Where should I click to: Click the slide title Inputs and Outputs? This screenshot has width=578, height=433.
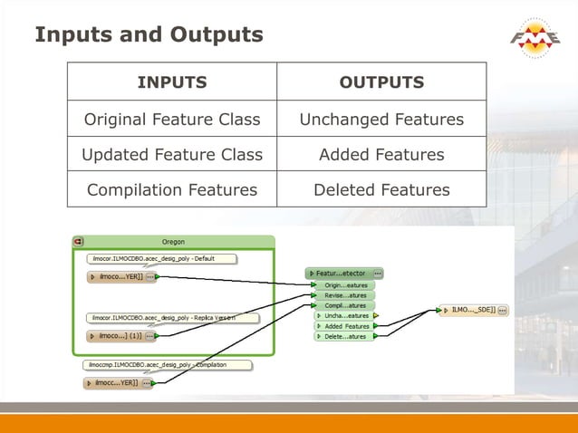click(x=149, y=35)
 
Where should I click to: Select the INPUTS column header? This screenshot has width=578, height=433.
click(x=172, y=82)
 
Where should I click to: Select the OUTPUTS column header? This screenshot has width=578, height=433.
click(x=381, y=82)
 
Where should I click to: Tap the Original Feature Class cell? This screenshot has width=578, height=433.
click(x=172, y=120)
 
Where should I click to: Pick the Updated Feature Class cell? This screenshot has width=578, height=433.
click(x=172, y=155)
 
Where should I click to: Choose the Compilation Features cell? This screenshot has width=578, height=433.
click(x=172, y=190)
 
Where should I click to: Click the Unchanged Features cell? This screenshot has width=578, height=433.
click(x=381, y=120)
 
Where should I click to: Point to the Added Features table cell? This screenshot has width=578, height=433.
click(x=381, y=155)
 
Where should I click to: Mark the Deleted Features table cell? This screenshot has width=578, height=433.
click(x=381, y=190)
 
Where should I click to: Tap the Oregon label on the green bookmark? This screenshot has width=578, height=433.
click(x=173, y=242)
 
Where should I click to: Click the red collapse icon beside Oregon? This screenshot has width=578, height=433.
click(x=79, y=242)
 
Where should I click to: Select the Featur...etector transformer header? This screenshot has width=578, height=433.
click(x=340, y=273)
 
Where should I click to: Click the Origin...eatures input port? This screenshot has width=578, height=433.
click(x=345, y=285)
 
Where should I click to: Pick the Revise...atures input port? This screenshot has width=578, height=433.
click(x=345, y=295)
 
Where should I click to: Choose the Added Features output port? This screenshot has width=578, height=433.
click(x=345, y=326)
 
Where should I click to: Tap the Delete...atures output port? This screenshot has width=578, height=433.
click(x=345, y=336)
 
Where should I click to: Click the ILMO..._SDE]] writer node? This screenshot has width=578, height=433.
click(x=472, y=310)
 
